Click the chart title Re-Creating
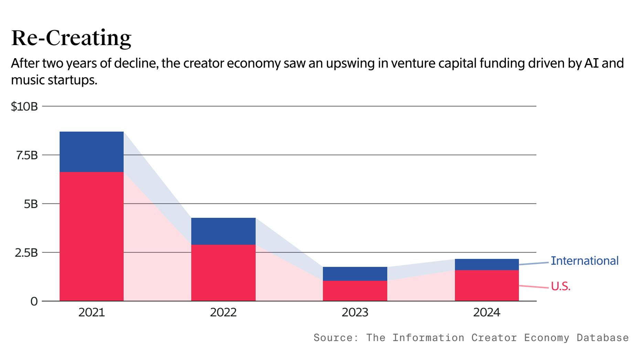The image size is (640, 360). (x=71, y=38)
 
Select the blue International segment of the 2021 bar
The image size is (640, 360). (x=92, y=152)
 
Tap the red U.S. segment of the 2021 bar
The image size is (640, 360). (x=92, y=236)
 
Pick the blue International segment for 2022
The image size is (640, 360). (x=223, y=231)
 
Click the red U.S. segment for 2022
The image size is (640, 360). (x=223, y=273)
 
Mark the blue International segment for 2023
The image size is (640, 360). (x=355, y=274)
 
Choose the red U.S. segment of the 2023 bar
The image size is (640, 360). (x=355, y=291)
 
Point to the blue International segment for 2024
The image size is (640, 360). (x=487, y=265)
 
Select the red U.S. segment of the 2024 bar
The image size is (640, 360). (x=487, y=286)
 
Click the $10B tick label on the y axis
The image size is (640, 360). (x=24, y=107)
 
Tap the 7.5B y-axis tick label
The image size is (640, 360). (x=26, y=156)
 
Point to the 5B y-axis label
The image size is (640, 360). (x=31, y=204)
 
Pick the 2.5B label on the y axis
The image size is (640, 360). (x=26, y=253)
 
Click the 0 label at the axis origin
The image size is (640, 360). (x=34, y=301)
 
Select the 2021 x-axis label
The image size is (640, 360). (x=92, y=313)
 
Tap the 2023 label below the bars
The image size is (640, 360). (x=355, y=313)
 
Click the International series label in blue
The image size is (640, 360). (x=584, y=261)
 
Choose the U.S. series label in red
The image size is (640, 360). (x=561, y=286)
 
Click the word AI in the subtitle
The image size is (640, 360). (x=591, y=63)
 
